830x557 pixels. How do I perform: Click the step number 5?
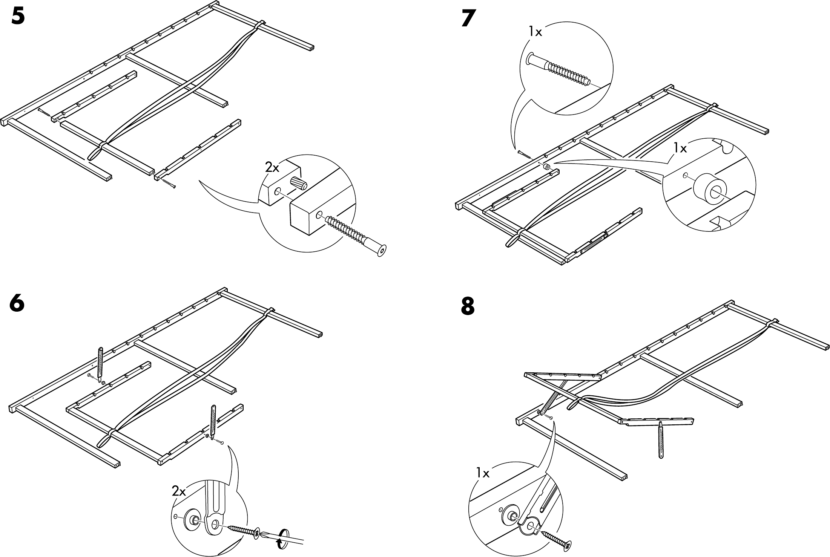click(x=18, y=17)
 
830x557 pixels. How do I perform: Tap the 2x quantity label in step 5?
click(x=272, y=167)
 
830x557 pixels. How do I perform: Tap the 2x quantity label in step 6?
click(x=179, y=491)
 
